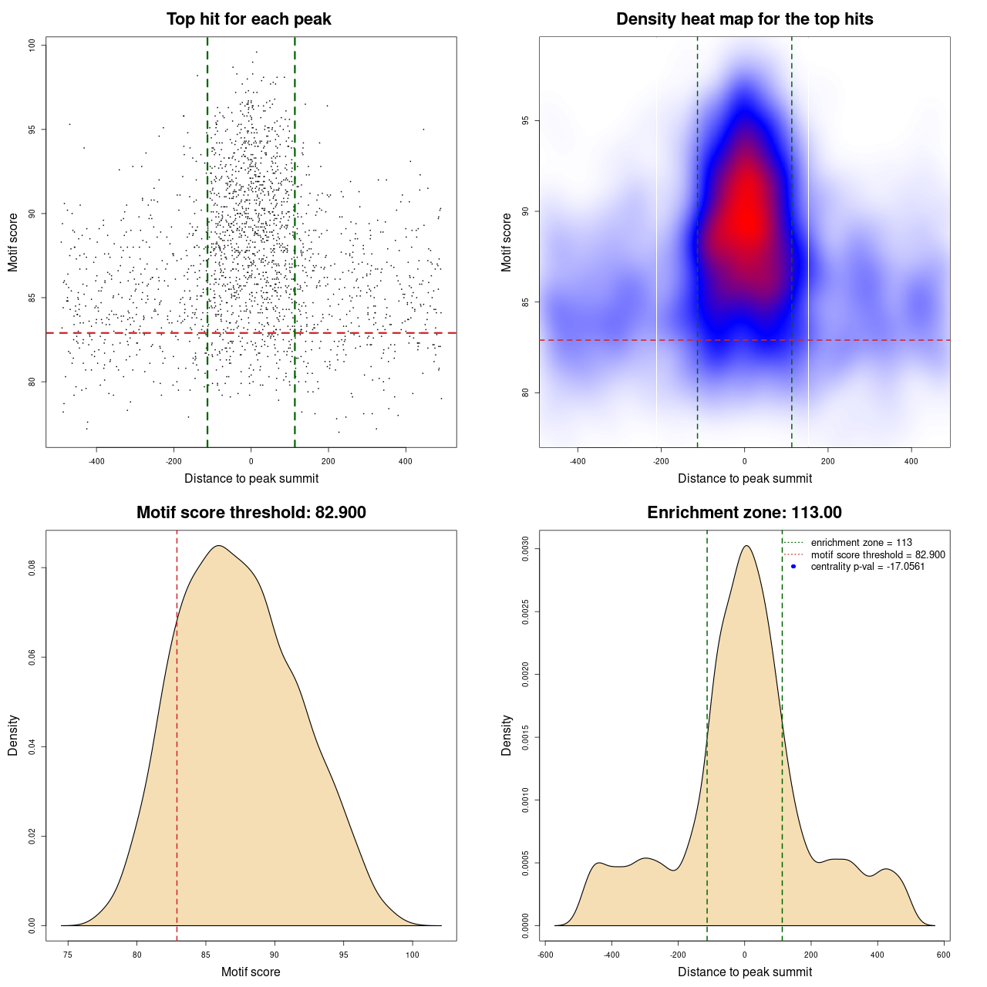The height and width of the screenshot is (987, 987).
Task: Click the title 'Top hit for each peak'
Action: pos(248,19)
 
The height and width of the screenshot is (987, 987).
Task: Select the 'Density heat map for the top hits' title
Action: pos(744,19)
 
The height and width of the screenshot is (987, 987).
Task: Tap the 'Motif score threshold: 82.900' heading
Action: pos(251,513)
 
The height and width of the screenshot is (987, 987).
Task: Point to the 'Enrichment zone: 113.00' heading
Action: pos(744,513)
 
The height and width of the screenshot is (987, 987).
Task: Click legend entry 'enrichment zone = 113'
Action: pos(861,543)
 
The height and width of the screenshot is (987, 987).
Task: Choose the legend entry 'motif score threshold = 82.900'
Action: pos(878,554)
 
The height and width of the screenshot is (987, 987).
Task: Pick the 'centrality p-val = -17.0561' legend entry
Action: pos(867,567)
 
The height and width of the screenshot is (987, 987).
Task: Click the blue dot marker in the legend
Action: pos(793,567)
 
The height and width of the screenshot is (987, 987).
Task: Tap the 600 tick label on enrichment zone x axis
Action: pos(943,955)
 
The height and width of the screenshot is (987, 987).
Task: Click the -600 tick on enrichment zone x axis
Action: pos(545,955)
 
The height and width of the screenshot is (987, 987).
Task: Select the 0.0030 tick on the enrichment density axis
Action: pos(525,549)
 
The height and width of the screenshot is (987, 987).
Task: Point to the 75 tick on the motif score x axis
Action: pos(69,955)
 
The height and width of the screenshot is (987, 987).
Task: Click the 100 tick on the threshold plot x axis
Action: pos(413,955)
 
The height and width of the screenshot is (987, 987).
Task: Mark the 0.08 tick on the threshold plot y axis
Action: pos(32,568)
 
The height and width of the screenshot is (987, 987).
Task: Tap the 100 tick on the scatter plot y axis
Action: pos(32,45)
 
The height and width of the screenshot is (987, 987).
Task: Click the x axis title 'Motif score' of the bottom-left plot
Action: pos(251,972)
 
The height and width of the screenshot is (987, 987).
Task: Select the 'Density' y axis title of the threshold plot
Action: pos(13,735)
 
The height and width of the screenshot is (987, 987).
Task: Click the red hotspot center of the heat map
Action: pos(745,216)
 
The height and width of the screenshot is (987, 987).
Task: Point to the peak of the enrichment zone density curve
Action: pos(746,546)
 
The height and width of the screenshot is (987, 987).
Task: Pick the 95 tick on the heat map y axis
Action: pos(525,121)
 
